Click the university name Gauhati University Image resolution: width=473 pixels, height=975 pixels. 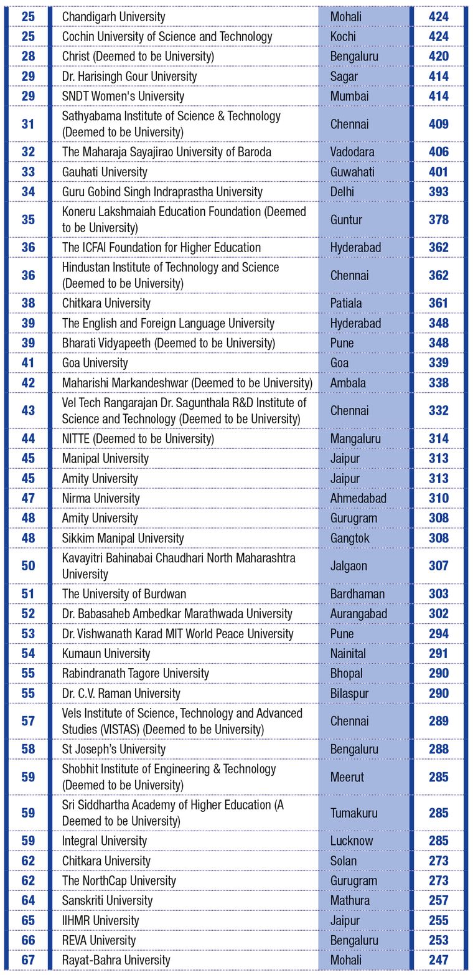[x=105, y=172]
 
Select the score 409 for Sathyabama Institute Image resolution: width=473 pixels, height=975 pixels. [x=438, y=124]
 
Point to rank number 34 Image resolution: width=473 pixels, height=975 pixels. [x=28, y=192]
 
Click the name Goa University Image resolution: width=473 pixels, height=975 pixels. [x=95, y=363]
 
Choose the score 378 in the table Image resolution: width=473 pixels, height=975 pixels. [x=438, y=220]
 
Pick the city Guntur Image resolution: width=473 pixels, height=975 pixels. [x=346, y=220]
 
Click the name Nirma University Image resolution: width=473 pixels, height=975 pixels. [x=101, y=498]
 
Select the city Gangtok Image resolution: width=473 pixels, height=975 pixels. [x=350, y=538]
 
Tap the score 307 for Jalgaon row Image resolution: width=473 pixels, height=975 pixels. [x=438, y=566]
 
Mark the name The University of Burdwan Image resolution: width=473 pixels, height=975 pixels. [x=124, y=594]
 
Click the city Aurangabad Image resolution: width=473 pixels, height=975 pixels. [x=358, y=614]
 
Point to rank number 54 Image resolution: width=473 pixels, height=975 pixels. [x=28, y=654]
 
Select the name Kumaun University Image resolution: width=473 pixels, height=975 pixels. [x=106, y=654]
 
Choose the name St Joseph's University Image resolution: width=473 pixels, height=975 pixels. [x=114, y=749]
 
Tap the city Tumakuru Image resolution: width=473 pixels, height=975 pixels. [x=354, y=813]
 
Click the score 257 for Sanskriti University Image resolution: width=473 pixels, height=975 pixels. [x=438, y=900]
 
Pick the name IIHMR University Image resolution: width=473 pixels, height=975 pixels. [x=100, y=920]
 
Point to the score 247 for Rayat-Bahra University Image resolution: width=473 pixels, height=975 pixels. [x=438, y=960]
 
